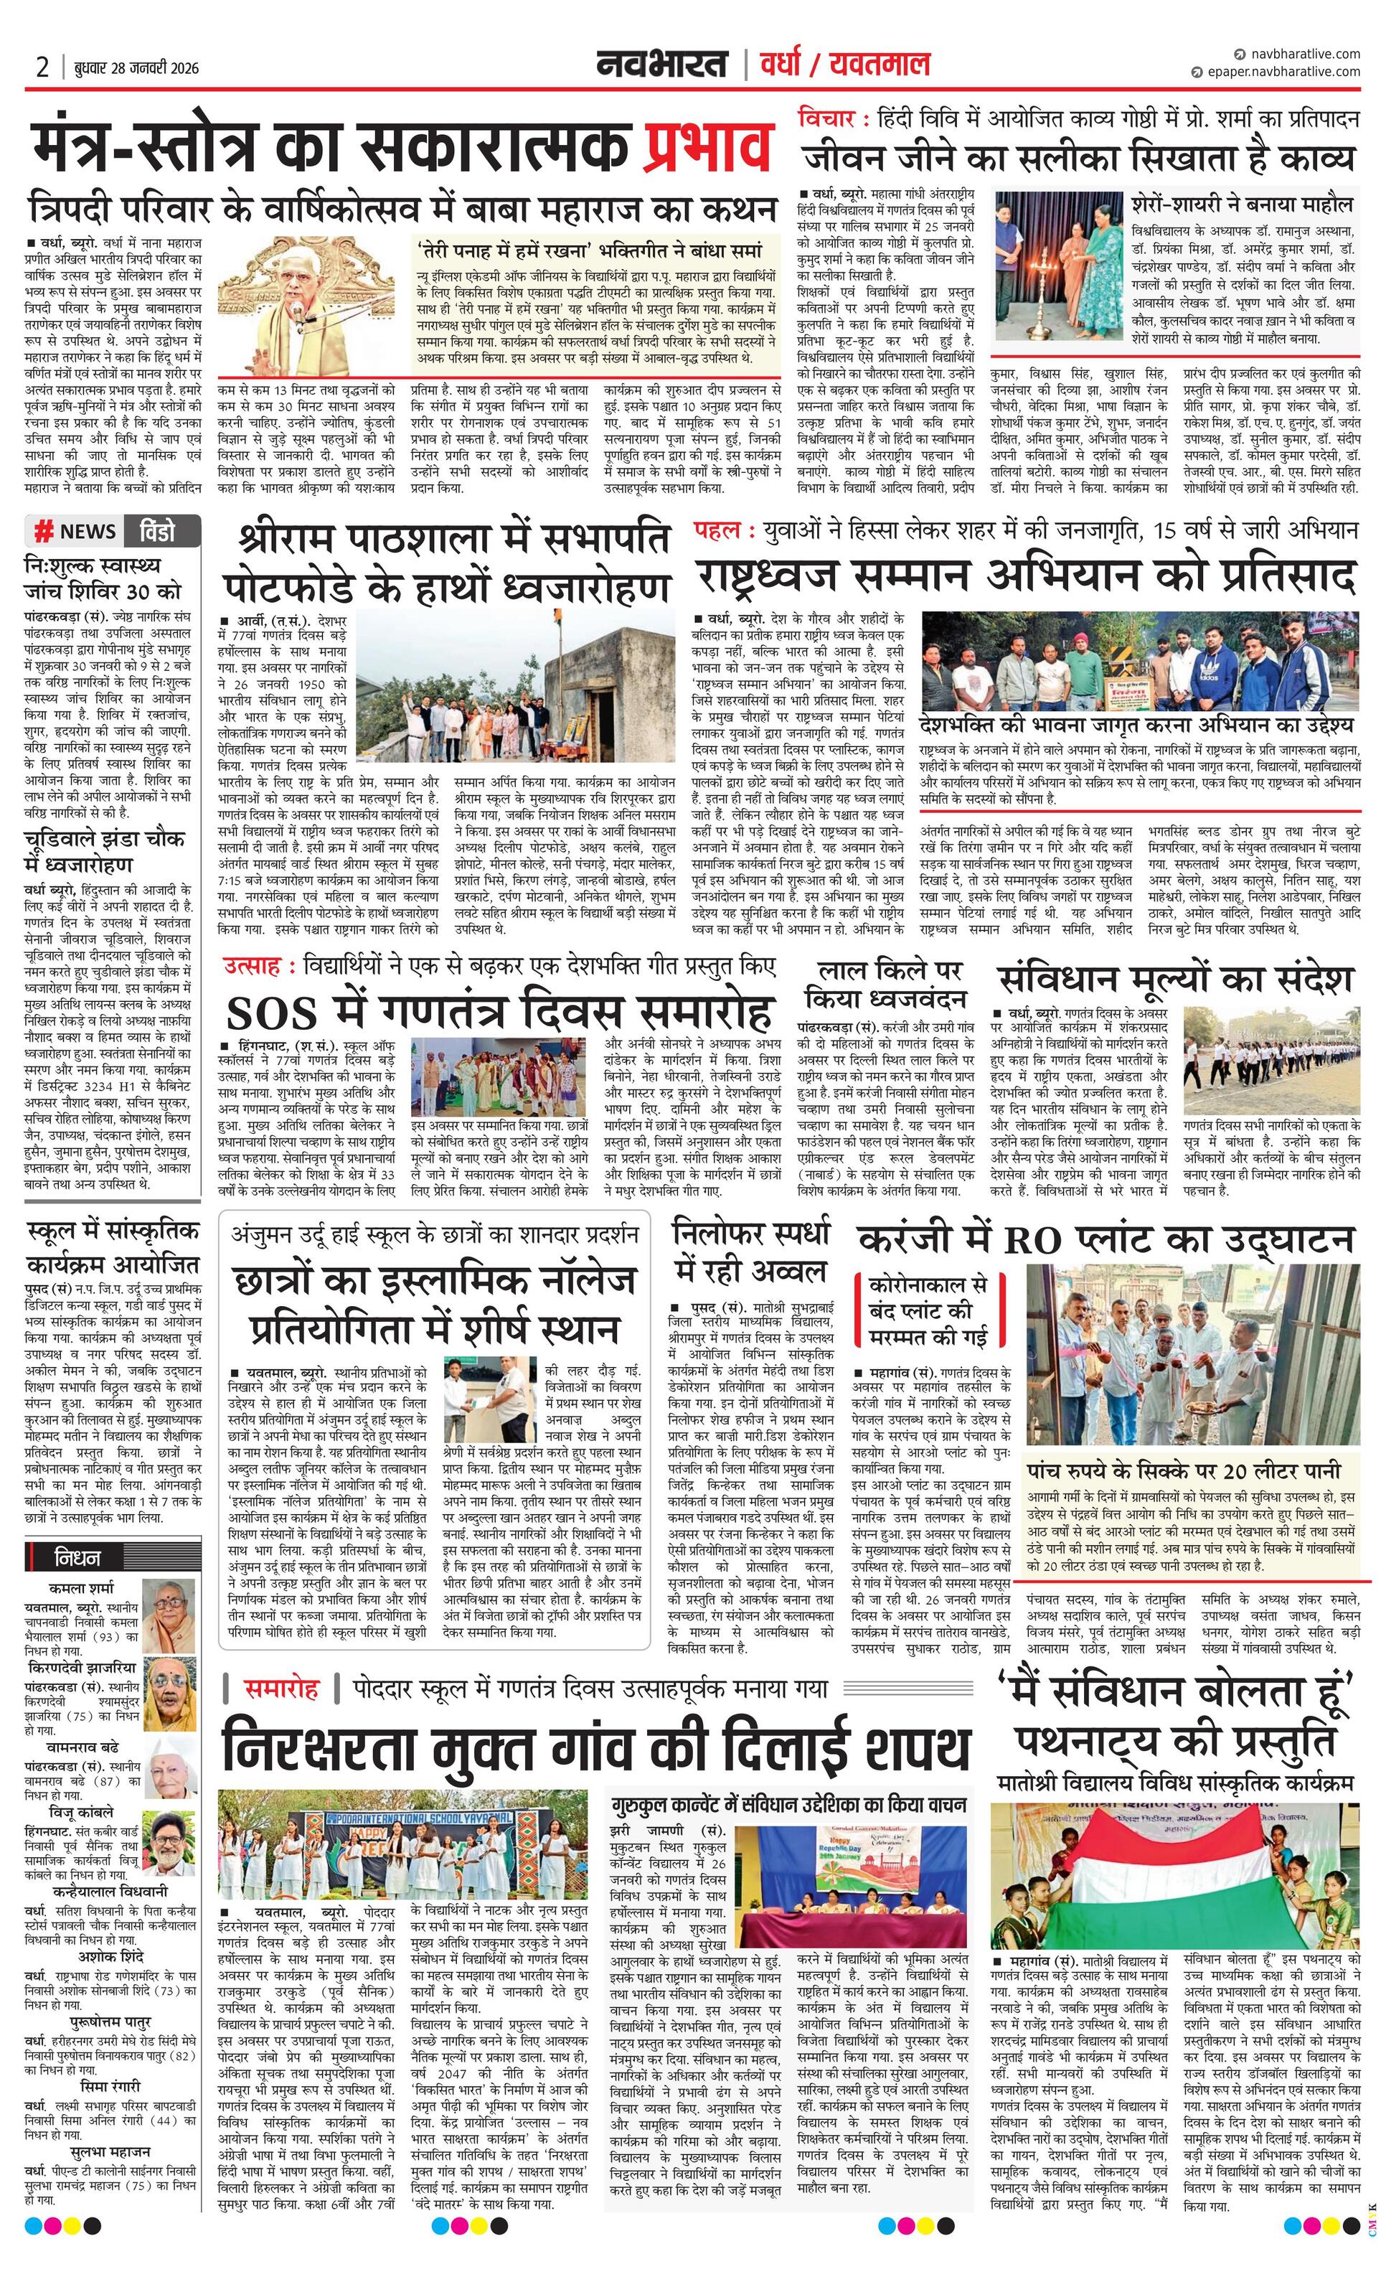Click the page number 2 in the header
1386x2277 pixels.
click(x=42, y=67)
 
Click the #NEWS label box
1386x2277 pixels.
click(x=77, y=530)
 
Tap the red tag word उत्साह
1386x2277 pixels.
click(x=250, y=967)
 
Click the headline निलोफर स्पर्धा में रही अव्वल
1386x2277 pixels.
click(x=751, y=1252)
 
